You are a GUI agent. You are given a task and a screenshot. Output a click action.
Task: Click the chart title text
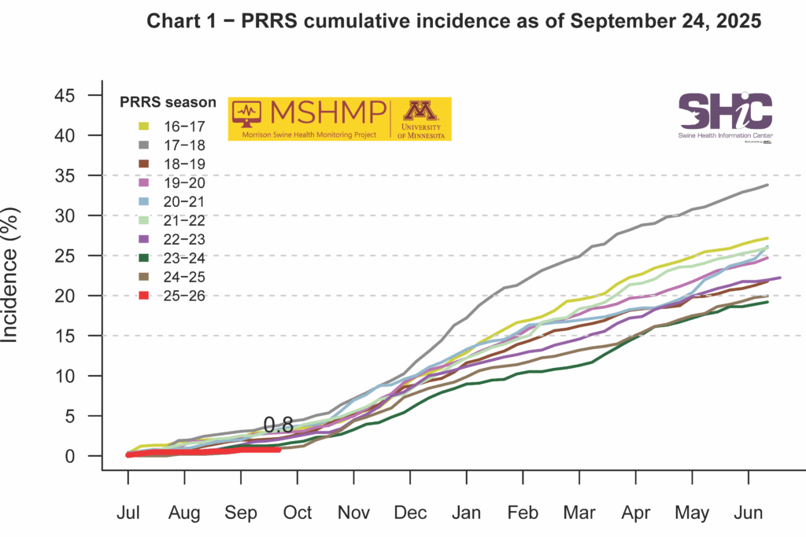pyautogui.click(x=454, y=22)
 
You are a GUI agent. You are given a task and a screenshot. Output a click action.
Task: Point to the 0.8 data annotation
pyautogui.click(x=278, y=425)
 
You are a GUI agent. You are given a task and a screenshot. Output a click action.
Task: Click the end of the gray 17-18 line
pyautogui.click(x=768, y=185)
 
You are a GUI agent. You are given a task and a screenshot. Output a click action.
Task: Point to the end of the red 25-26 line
pyautogui.click(x=279, y=449)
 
